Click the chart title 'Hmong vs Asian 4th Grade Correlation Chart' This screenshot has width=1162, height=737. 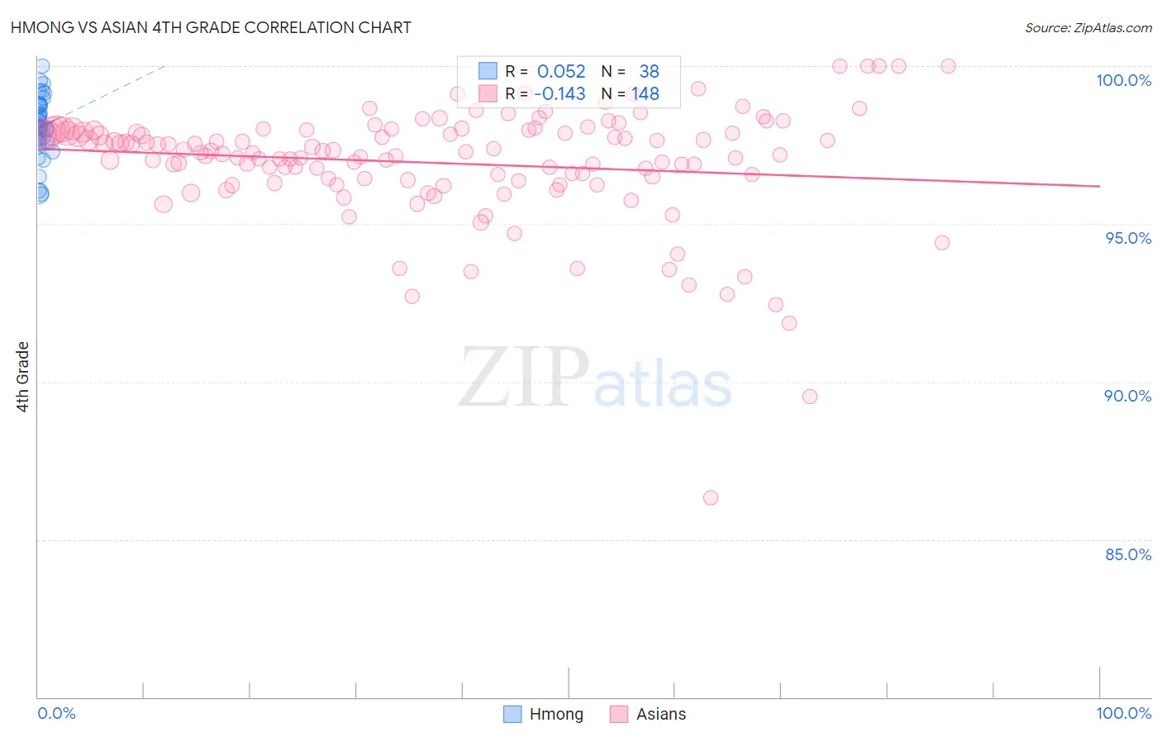click(211, 27)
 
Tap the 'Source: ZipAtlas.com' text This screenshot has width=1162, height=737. click(1088, 28)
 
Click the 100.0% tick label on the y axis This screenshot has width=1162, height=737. click(1123, 80)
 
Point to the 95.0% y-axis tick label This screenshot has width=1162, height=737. click(1128, 238)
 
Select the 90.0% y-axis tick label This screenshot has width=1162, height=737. click(1127, 396)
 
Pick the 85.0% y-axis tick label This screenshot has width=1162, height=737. click(1127, 554)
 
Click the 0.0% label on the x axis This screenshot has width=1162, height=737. click(56, 713)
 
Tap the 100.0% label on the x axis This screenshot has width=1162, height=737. click(1123, 713)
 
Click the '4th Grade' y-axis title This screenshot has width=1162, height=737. click(23, 377)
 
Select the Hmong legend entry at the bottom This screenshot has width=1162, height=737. click(544, 714)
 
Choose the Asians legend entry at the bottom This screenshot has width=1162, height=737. click(648, 714)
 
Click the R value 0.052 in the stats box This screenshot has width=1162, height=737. click(561, 72)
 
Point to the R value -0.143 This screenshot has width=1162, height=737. click(560, 94)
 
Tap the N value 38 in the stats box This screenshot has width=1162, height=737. click(649, 72)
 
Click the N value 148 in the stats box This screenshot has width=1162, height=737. click(645, 94)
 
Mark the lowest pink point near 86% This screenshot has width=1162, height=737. click(711, 497)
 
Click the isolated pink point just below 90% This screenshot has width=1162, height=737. click(810, 397)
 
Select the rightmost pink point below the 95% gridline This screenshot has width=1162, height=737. click(942, 243)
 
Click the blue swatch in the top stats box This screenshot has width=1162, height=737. click(488, 71)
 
